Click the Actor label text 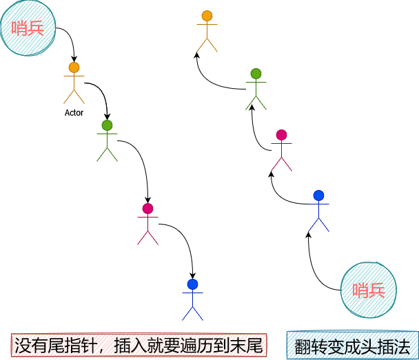point(74,112)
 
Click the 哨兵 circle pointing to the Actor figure point(29,28)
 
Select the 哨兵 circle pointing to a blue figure point(369,289)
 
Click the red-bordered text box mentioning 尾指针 point(139,345)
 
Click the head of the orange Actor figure point(74,67)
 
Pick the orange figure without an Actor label point(207,32)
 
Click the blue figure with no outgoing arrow point(192,300)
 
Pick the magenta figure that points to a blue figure point(147,224)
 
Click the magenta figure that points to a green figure point(281,150)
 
